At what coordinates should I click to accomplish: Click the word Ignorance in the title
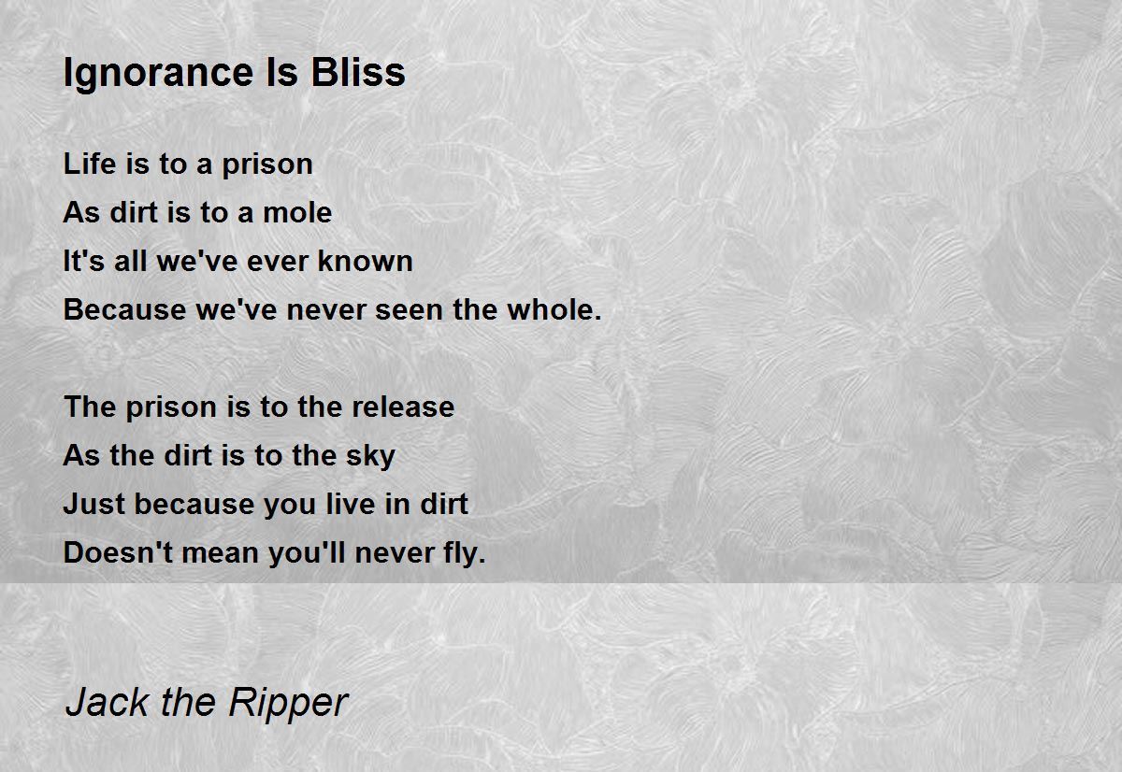[159, 74]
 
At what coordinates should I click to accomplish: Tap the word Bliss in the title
[357, 72]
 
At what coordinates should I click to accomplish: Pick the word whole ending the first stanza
[554, 309]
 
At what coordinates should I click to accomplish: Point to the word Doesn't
[118, 552]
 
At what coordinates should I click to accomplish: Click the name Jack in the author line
[107, 702]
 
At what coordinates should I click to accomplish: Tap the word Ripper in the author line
[288, 705]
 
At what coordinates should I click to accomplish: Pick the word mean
[220, 552]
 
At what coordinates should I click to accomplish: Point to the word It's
[83, 261]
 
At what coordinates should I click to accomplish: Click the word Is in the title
[282, 72]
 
